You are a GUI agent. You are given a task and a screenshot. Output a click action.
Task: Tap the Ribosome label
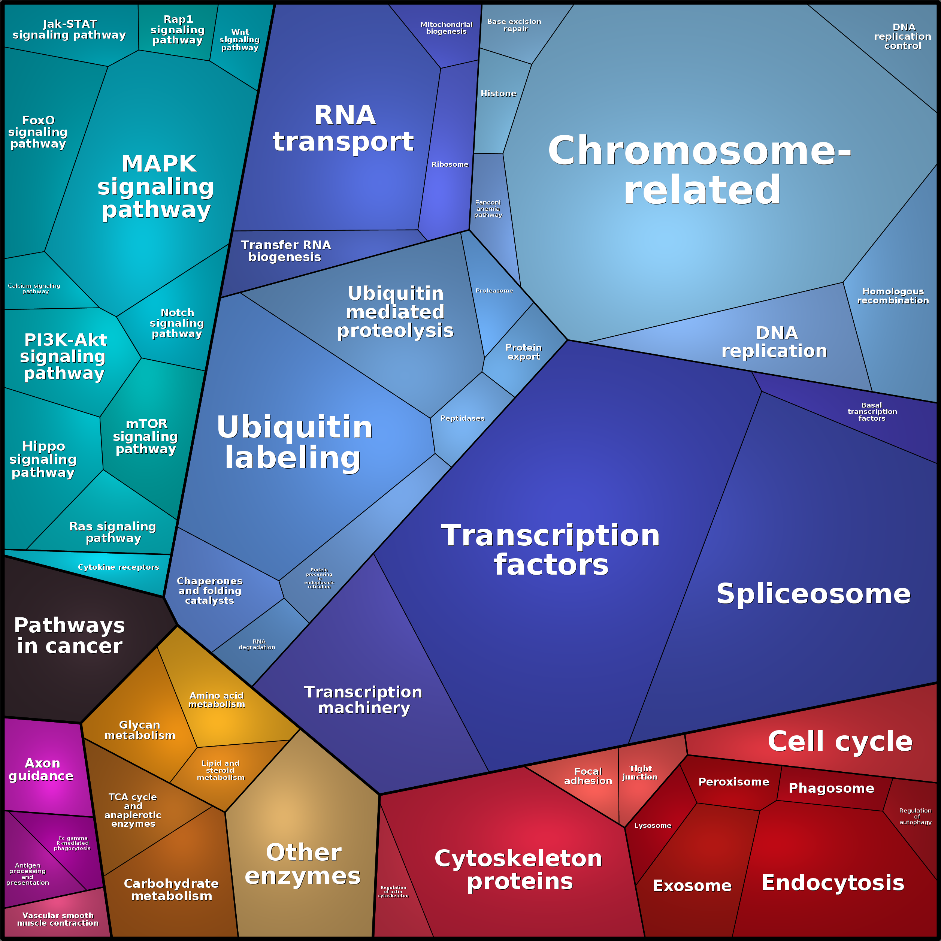coord(450,164)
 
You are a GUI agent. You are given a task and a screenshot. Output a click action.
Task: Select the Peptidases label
coord(462,418)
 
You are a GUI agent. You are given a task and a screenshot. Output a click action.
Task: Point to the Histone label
coord(498,94)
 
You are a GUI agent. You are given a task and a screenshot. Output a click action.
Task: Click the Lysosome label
coord(653,826)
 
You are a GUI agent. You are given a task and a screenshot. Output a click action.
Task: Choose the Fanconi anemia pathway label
coord(488,208)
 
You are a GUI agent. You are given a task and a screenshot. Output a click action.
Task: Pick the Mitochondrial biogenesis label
coord(446,28)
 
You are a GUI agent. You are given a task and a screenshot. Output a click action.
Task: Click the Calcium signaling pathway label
coord(34,288)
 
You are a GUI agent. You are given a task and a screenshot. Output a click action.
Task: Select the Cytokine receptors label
coord(118,567)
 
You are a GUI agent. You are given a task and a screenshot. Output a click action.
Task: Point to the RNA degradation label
coord(257,644)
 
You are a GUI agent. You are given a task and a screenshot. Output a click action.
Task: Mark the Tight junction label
coord(640,772)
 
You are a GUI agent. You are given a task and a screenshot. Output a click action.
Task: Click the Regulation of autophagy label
coord(915,816)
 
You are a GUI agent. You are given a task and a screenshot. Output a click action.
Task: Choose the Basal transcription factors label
coord(872,412)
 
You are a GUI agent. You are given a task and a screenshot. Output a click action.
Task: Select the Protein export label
coord(524,352)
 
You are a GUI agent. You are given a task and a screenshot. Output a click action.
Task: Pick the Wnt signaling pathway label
coord(240,39)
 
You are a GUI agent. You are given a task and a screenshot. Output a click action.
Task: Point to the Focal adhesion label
coord(588,776)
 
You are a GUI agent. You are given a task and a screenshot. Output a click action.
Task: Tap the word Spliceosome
coord(813,593)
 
